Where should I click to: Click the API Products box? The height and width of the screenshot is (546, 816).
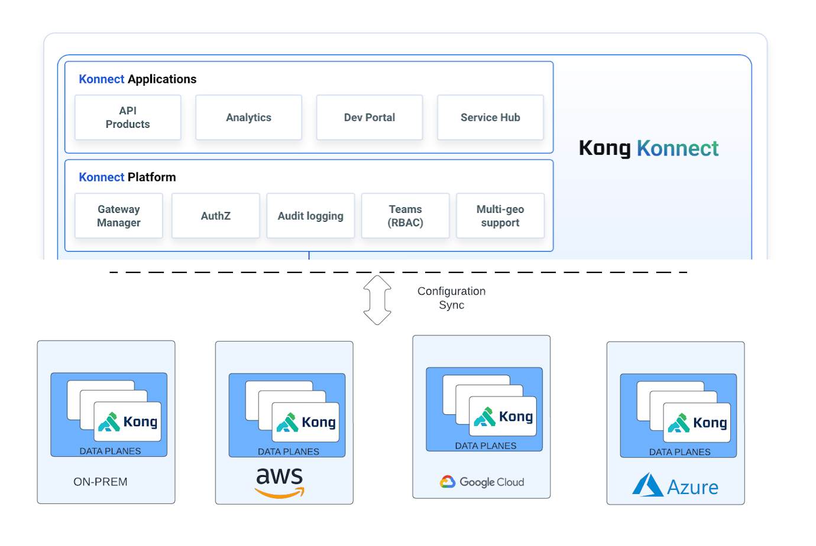click(128, 118)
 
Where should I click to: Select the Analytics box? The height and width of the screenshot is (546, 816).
click(248, 118)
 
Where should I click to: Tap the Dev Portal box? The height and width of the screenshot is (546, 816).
click(370, 118)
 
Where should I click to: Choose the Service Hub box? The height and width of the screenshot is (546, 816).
click(490, 118)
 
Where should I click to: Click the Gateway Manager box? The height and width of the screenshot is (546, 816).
click(119, 216)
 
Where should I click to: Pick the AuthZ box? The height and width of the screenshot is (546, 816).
click(216, 216)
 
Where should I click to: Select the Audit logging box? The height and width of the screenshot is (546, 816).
click(310, 216)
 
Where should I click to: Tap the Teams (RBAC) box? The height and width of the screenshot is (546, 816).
click(406, 216)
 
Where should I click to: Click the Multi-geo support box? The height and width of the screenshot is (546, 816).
click(500, 216)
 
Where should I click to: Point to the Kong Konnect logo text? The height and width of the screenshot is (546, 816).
click(649, 148)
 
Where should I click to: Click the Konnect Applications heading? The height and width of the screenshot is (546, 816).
click(138, 79)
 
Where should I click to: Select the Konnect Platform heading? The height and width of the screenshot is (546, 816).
click(127, 177)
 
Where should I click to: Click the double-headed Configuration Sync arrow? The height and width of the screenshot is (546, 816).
click(377, 300)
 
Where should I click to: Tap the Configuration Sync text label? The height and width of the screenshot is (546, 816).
click(452, 298)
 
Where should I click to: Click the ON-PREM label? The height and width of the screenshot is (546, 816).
click(101, 482)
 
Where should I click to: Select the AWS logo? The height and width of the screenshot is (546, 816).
click(280, 482)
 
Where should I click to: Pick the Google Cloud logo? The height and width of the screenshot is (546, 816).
click(482, 482)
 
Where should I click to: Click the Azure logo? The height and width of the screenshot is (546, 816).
click(675, 486)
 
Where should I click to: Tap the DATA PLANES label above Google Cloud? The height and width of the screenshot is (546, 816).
click(485, 446)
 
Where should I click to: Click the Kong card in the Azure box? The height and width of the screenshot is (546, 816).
click(697, 422)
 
